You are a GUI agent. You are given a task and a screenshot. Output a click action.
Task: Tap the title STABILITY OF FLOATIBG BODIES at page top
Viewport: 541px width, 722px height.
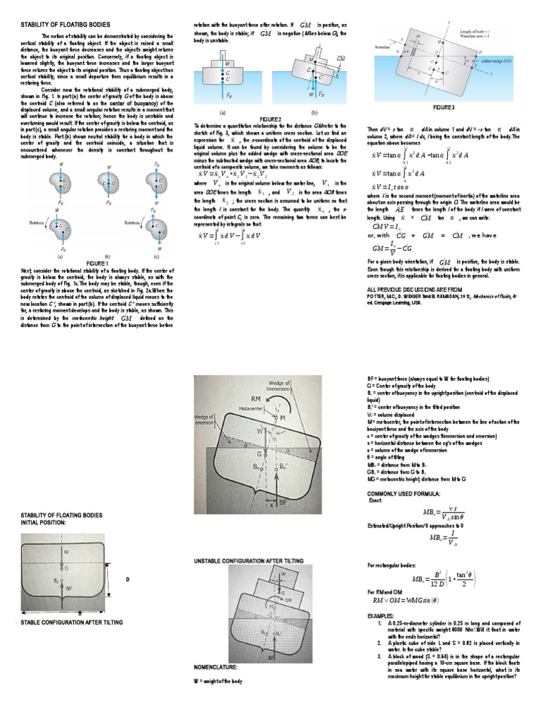(x=61, y=24)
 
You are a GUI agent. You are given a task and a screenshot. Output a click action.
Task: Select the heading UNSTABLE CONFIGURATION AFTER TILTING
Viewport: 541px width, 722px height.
(x=248, y=560)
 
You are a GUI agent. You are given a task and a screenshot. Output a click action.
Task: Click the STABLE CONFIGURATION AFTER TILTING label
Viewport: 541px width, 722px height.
(x=72, y=623)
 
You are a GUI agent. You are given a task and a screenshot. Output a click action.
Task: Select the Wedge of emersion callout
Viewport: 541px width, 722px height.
(x=206, y=421)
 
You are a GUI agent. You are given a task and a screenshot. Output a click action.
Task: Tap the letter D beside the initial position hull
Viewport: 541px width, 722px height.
(x=128, y=579)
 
